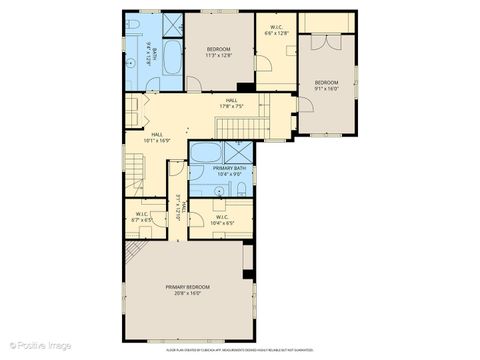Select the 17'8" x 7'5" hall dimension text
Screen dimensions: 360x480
[x=231, y=107]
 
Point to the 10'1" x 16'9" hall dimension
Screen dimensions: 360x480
[x=157, y=141]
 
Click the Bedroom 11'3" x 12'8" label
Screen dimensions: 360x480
[x=218, y=49]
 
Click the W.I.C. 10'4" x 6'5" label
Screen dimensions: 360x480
[x=221, y=221]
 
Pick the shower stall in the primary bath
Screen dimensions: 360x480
[x=239, y=152]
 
